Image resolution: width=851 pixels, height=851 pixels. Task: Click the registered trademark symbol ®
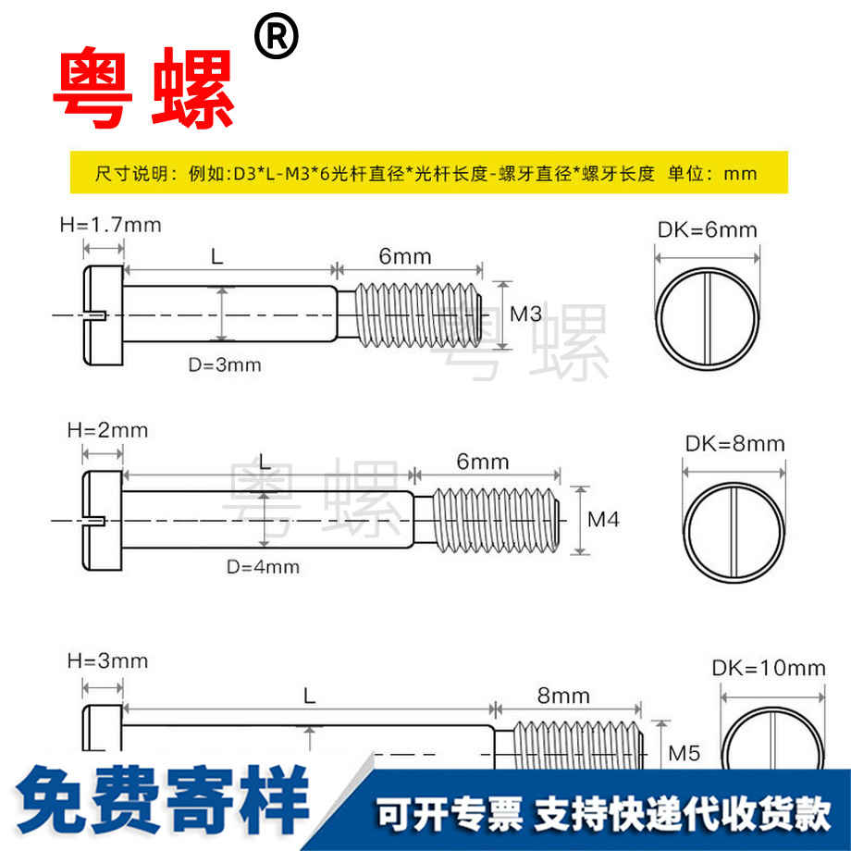coord(276,39)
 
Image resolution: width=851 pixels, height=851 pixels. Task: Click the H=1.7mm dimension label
coord(110,224)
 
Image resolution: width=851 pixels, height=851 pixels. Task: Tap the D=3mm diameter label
coord(225,364)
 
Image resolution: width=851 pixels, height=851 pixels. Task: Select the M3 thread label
coord(525,314)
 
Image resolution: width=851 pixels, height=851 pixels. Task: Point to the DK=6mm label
coord(707,230)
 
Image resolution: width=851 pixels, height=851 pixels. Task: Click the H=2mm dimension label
coord(108,430)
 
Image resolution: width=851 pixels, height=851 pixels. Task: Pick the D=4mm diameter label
coord(263,566)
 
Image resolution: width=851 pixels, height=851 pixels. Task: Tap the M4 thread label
coord(603,520)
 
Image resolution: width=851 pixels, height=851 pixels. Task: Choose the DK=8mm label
coord(734,444)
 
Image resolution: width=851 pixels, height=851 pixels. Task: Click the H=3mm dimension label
coord(108,660)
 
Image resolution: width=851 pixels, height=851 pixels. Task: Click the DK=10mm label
coord(769,668)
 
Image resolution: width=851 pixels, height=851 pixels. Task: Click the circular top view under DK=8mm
coord(734,533)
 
